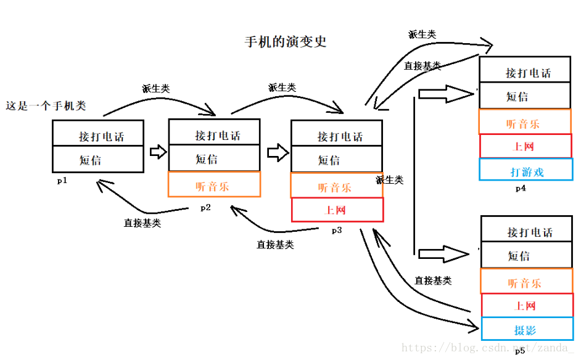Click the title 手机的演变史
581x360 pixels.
[285, 42]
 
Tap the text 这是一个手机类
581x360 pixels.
[46, 106]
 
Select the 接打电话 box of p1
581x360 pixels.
[98, 134]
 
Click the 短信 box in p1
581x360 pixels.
[98, 160]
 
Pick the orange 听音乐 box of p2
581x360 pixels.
[214, 185]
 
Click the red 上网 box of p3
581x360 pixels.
[337, 210]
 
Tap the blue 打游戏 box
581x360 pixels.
[526, 171]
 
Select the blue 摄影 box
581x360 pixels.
[526, 329]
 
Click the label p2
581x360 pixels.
[205, 208]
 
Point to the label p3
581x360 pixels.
[337, 231]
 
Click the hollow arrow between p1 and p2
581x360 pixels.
[159, 152]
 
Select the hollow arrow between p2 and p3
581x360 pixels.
[278, 152]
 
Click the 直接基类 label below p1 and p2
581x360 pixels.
[142, 223]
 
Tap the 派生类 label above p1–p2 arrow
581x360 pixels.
[155, 89]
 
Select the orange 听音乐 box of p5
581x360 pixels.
[526, 282]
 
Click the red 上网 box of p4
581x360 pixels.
[525, 147]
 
